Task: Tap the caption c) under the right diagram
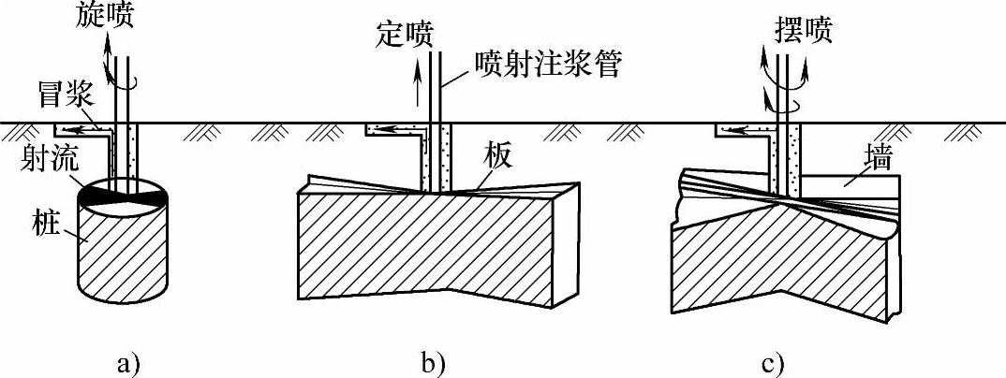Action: pyautogui.click(x=772, y=360)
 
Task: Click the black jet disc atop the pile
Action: pyautogui.click(x=122, y=194)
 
